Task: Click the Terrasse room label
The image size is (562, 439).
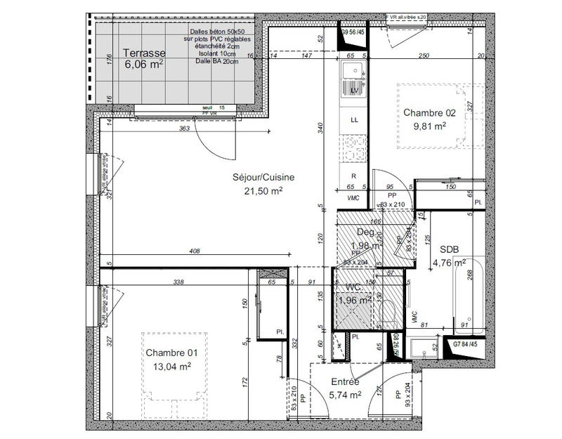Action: click(x=143, y=53)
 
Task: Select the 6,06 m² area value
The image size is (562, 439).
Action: click(x=143, y=64)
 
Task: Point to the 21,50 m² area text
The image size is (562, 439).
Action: click(x=263, y=190)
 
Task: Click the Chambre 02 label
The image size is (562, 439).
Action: click(x=429, y=113)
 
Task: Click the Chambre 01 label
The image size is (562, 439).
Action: click(x=168, y=353)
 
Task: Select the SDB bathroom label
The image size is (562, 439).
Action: click(x=450, y=250)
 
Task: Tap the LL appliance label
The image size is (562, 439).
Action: click(x=354, y=119)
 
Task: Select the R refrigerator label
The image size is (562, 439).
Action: click(x=353, y=176)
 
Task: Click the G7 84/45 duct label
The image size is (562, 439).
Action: click(x=468, y=344)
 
